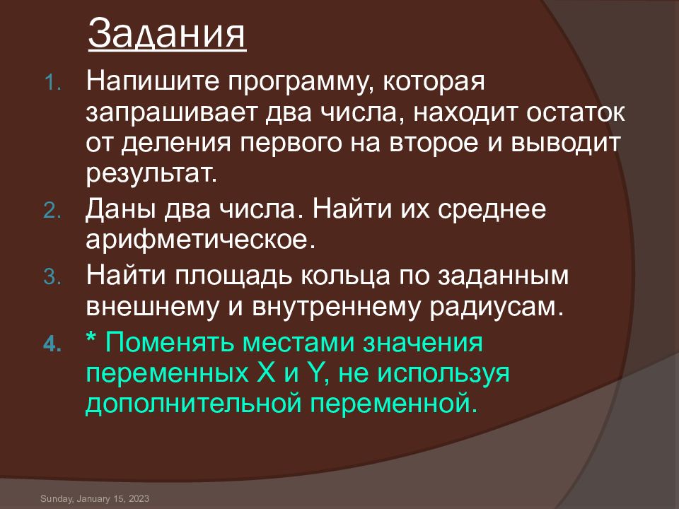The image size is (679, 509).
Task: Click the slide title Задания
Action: pos(167,35)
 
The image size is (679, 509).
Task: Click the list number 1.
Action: pos(54,84)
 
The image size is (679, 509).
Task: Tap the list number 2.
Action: pos(54,212)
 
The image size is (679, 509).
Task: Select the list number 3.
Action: pos(54,277)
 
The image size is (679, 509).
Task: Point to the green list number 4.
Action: pos(54,346)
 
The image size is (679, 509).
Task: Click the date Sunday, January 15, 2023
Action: pos(95,499)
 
